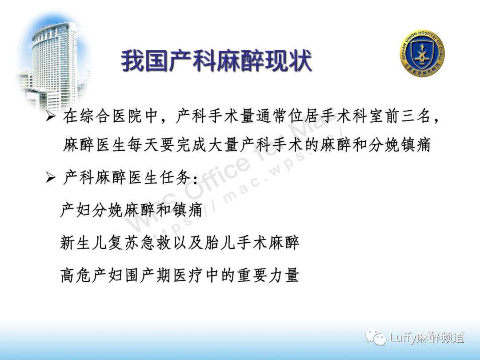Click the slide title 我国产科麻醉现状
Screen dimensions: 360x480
pyautogui.click(x=216, y=61)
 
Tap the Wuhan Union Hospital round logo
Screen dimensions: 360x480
pyautogui.click(x=422, y=53)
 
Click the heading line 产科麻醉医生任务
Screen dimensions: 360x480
pyautogui.click(x=129, y=178)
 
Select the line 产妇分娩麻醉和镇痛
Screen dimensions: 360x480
pyautogui.click(x=131, y=210)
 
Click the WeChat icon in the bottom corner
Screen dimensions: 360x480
pyautogui.click(x=376, y=337)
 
